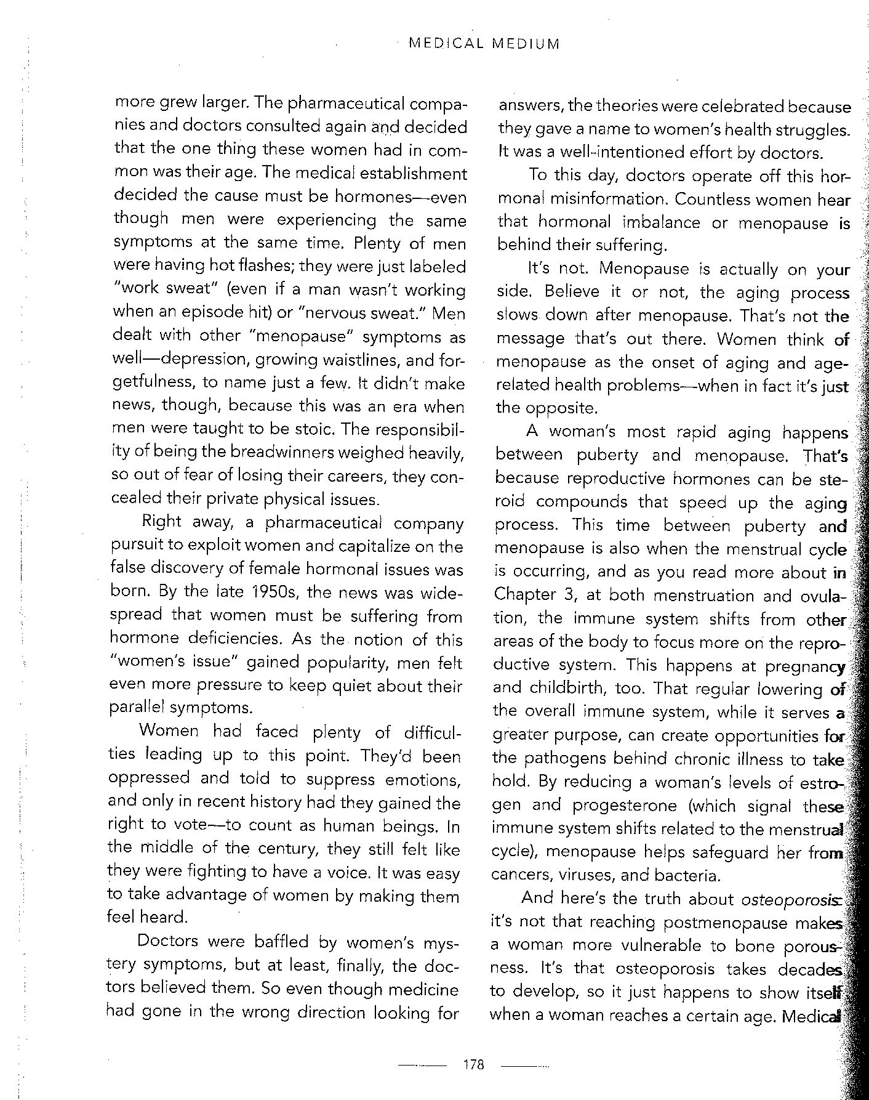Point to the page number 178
[x=474, y=1064]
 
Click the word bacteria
[x=673, y=875]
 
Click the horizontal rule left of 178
[x=422, y=1064]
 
